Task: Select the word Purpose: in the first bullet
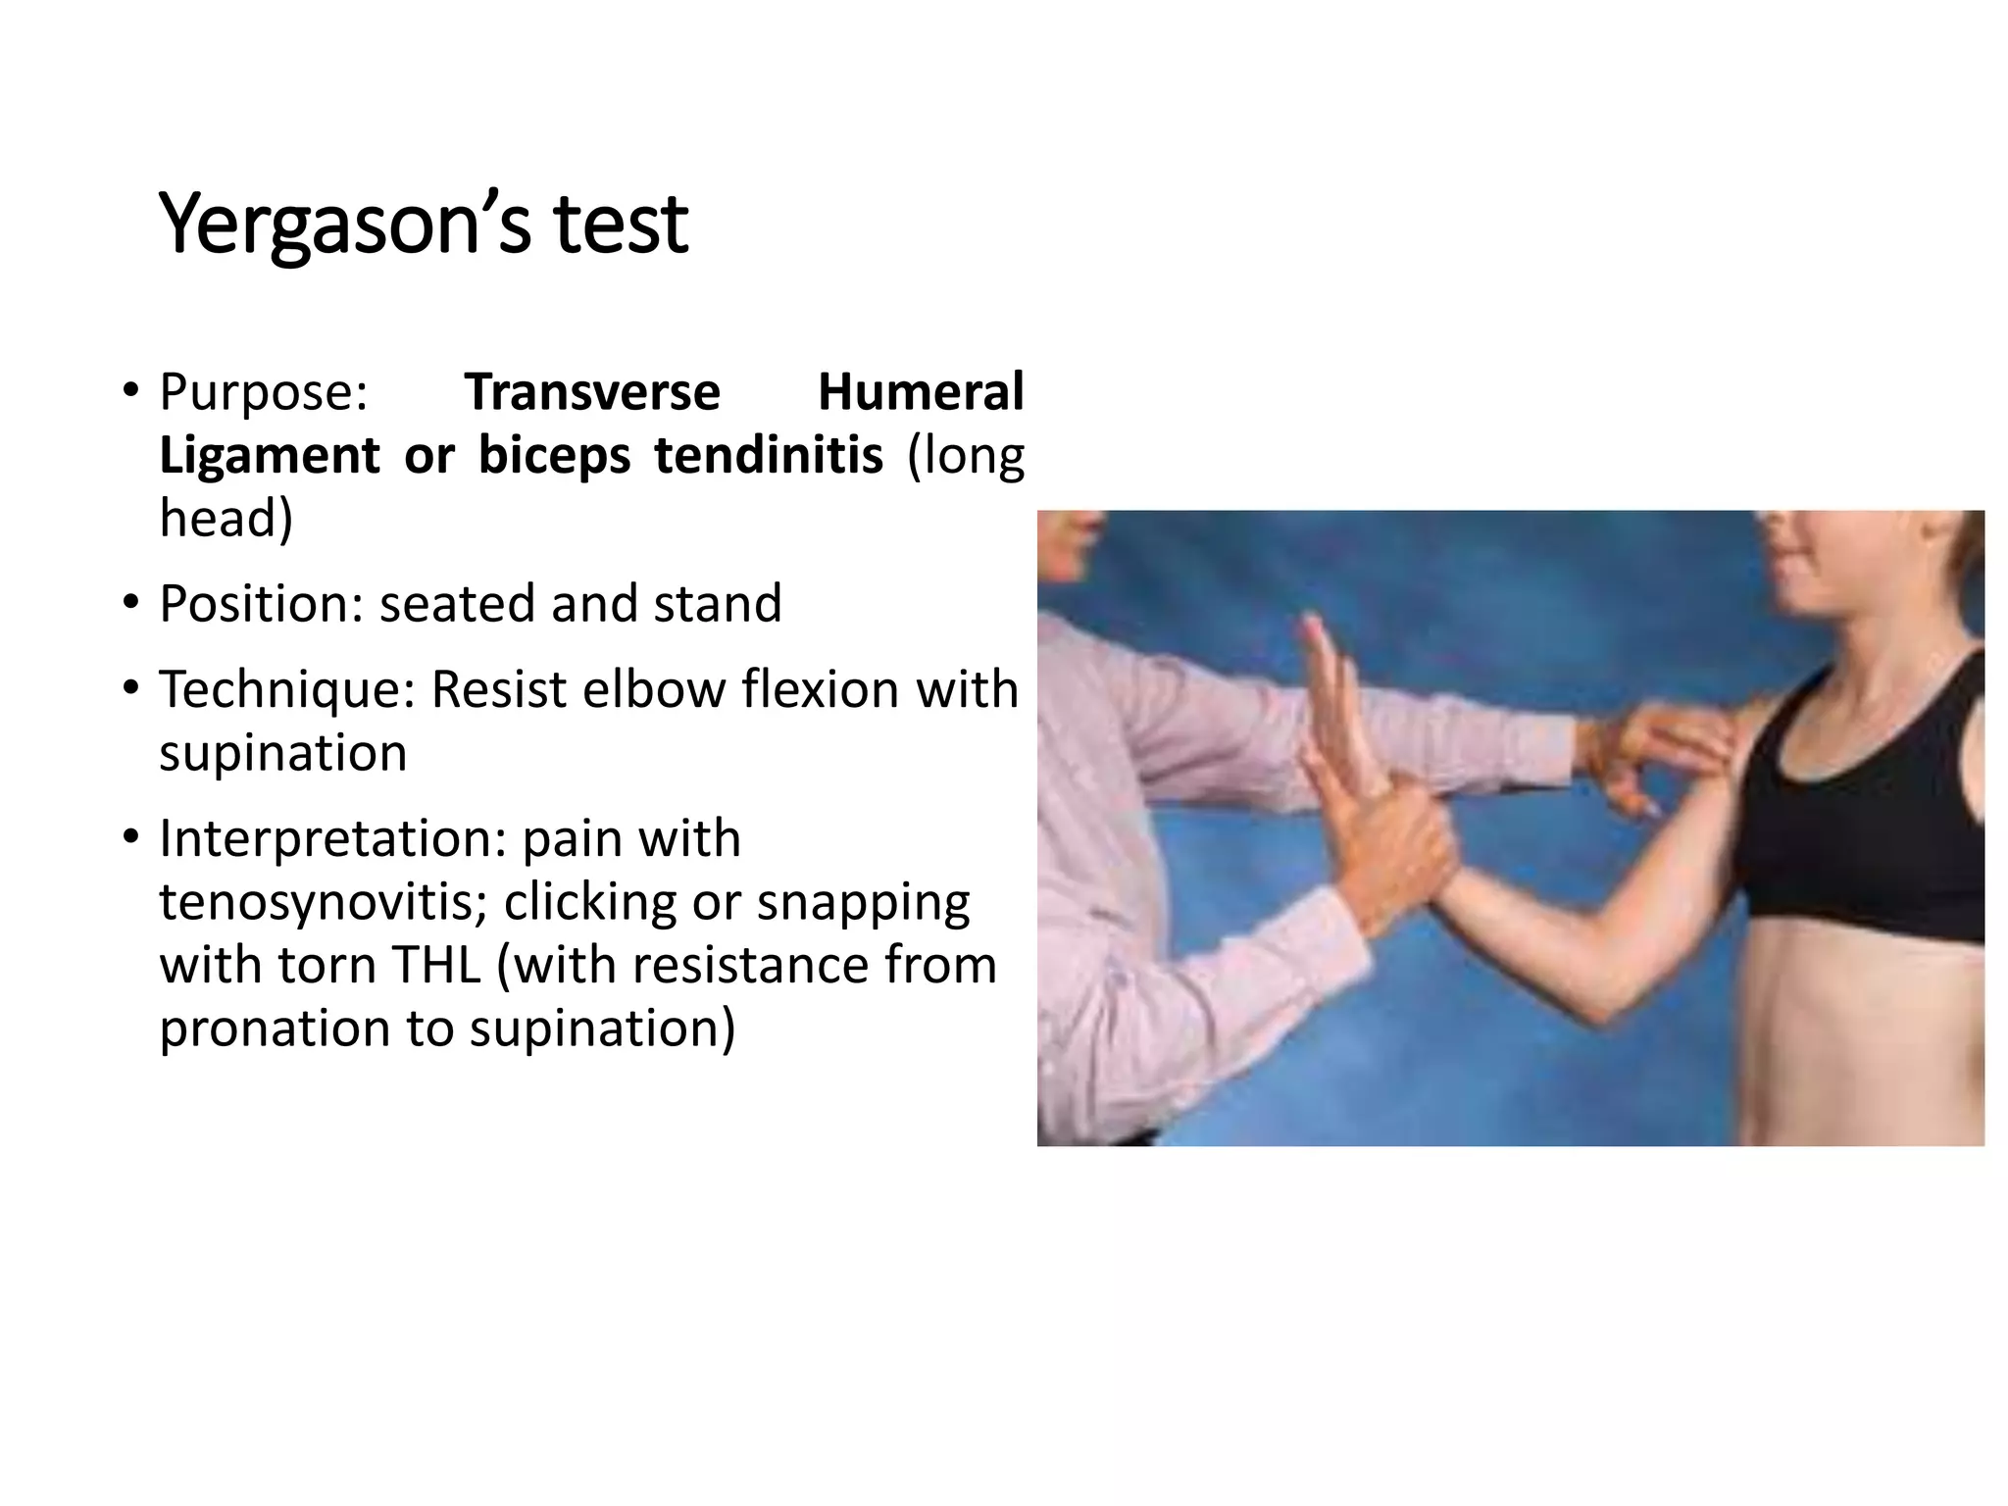263,392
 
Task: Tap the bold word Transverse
592,392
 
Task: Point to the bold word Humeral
920,392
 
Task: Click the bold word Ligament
269,456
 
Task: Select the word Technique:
287,689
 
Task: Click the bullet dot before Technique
130,688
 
